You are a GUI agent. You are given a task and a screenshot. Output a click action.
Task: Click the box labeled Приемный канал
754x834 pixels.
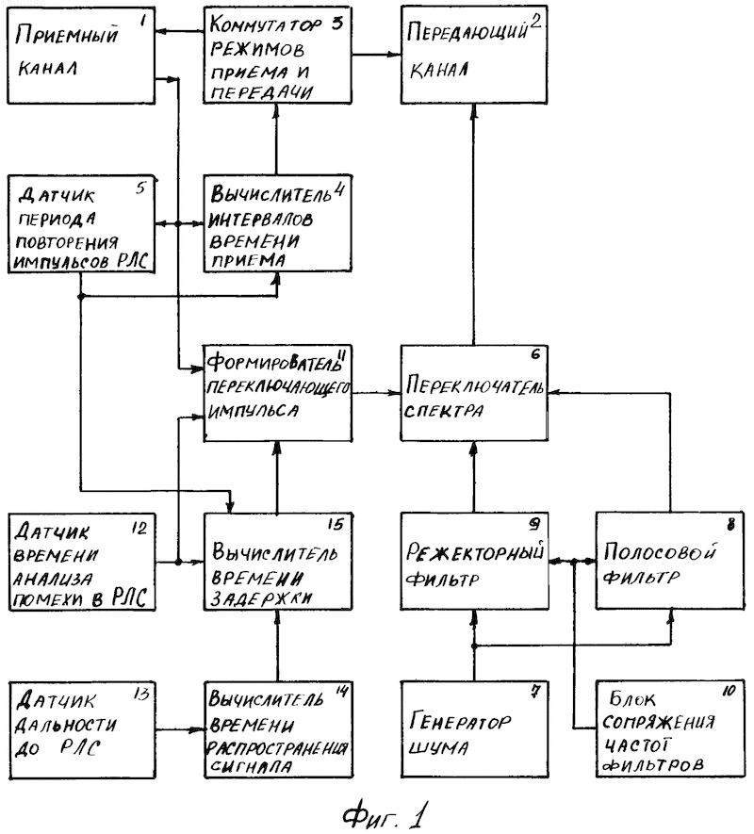click(81, 55)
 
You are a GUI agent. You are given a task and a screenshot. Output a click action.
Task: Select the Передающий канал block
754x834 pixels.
click(473, 55)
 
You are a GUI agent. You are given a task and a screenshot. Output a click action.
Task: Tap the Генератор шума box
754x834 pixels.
click(475, 729)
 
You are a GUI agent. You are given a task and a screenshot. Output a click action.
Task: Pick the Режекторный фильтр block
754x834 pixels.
click(475, 561)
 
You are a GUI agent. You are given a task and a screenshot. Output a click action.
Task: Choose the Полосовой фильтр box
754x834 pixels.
click(669, 561)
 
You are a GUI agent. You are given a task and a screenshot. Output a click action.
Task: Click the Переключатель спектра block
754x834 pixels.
click(474, 393)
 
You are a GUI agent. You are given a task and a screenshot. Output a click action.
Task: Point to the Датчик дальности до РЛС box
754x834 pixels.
click(82, 729)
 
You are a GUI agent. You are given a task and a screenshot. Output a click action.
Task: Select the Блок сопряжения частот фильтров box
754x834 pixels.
click(670, 728)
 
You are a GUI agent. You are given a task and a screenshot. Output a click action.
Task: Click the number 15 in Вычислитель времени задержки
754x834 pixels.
click(336, 525)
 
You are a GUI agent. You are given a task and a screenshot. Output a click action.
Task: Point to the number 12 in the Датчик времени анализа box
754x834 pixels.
click(139, 529)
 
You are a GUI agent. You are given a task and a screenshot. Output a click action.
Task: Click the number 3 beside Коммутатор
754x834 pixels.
click(336, 25)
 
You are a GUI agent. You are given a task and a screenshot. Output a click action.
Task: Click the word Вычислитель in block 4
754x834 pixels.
click(270, 195)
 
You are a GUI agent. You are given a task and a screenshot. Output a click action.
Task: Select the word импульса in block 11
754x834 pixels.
click(254, 411)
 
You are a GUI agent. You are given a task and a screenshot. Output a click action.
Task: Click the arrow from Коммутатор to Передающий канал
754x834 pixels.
click(376, 54)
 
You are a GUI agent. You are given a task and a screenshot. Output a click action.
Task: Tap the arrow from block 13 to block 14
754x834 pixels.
click(180, 729)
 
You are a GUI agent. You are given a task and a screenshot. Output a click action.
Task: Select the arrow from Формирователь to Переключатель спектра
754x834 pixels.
click(376, 393)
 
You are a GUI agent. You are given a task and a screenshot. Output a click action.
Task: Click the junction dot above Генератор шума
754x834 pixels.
click(474, 646)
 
